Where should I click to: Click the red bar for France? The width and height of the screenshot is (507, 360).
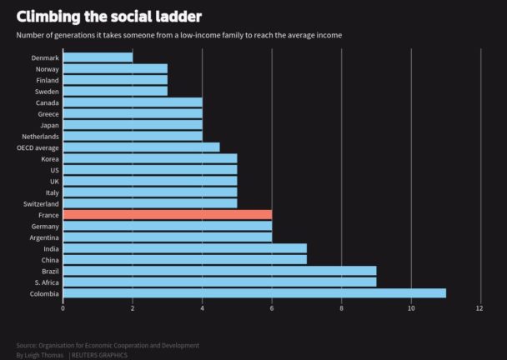pos(167,214)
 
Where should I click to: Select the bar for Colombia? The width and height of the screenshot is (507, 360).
pos(254,293)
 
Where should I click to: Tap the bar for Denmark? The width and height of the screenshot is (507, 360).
pos(98,57)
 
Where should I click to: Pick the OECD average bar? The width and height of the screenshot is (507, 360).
pos(141,147)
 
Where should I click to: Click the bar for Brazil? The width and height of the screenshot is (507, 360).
pos(219,271)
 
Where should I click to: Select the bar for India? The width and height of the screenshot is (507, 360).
pos(184,248)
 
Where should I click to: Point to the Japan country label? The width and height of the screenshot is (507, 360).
pos(48,125)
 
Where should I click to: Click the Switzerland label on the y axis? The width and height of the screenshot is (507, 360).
pos(41,203)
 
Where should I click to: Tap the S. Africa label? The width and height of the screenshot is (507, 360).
pos(46,282)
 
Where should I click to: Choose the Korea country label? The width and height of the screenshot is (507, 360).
pos(49,158)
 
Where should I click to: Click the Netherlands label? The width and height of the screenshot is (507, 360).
pos(40,136)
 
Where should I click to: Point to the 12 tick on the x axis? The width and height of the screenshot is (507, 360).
pos(479,308)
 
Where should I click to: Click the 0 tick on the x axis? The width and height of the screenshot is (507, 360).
pos(63,308)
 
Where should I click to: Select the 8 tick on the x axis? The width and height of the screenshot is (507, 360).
pos(341,308)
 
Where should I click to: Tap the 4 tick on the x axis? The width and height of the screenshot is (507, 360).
pos(202,308)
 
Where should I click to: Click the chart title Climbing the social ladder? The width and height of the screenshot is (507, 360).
pos(108,16)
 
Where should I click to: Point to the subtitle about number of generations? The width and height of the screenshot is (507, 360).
pos(178,35)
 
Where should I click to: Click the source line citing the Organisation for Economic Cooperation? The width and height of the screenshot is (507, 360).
pos(108,345)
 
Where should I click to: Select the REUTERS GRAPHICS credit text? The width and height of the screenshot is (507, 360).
pos(101,355)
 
